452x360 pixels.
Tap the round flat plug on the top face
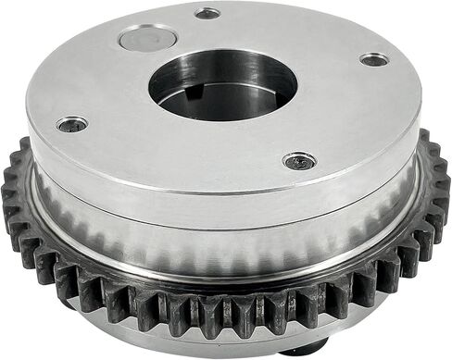[x=148, y=39]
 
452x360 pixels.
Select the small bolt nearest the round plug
[x=208, y=13]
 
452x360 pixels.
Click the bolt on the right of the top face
[x=374, y=60]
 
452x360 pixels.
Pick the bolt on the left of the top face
[x=71, y=123]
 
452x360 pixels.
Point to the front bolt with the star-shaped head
[x=299, y=161]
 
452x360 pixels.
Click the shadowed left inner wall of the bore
[x=167, y=88]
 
